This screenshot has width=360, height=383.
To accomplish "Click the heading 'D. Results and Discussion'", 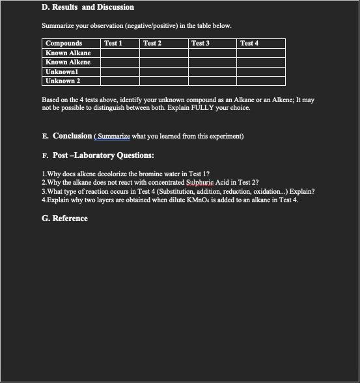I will pyautogui.click(x=88, y=7).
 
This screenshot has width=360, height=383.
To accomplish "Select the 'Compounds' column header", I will pyautogui.click(x=64, y=44).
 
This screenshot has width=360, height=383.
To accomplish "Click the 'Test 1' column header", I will pyautogui.click(x=113, y=44).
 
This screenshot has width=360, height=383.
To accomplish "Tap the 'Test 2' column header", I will pyautogui.click(x=152, y=44).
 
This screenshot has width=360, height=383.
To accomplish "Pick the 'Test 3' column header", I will pyautogui.click(x=200, y=44).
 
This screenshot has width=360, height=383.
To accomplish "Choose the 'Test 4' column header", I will pyautogui.click(x=249, y=44).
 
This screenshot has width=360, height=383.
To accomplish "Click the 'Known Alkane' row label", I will pyautogui.click(x=68, y=53).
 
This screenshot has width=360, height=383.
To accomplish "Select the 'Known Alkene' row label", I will pyautogui.click(x=68, y=62).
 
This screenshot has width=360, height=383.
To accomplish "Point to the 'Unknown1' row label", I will pyautogui.click(x=62, y=72).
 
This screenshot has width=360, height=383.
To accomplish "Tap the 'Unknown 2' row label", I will pyautogui.click(x=63, y=81).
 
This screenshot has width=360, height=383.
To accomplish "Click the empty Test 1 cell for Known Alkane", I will pyautogui.click(x=120, y=53).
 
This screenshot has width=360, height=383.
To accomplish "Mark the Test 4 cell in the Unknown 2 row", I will pyautogui.click(x=260, y=81).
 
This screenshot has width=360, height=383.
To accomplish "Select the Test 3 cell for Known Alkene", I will pyautogui.click(x=212, y=62).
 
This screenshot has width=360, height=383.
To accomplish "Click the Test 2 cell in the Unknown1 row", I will pyautogui.click(x=163, y=72).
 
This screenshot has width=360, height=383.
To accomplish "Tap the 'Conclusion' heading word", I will pyautogui.click(x=72, y=136).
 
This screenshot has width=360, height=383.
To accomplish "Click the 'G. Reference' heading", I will pyautogui.click(x=64, y=218).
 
